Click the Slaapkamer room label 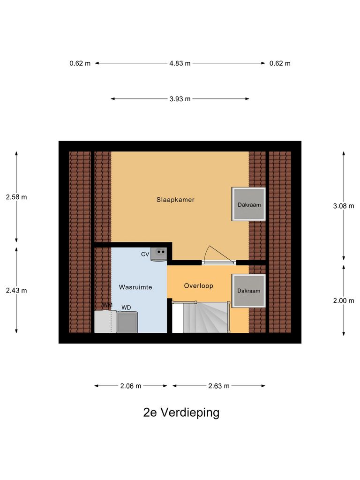point(175,200)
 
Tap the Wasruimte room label point(135,287)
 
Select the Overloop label point(198,285)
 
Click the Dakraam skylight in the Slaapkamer point(248,204)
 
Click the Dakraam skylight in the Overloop point(248,291)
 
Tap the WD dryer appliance point(127,322)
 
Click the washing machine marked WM point(105,322)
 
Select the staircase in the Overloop point(200,318)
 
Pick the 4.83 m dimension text point(180,63)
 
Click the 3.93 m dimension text point(180,98)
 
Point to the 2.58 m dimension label point(16,197)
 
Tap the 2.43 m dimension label point(16,290)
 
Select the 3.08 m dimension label point(344,205)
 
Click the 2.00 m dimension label point(344,300)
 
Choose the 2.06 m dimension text point(131,386)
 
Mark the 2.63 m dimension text point(219,386)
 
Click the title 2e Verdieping point(181,412)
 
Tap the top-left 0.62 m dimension point(80,63)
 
